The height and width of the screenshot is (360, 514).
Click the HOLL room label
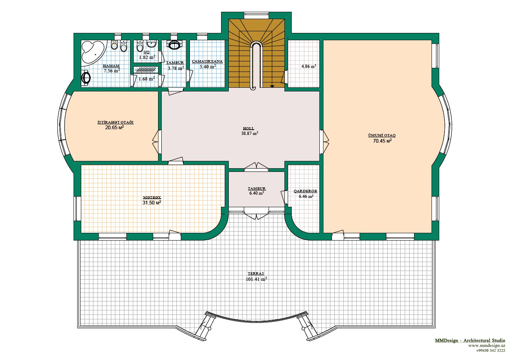(x=249, y=128)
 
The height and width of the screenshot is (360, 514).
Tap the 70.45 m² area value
(x=382, y=141)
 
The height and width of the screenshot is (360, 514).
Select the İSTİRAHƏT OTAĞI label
(x=115, y=122)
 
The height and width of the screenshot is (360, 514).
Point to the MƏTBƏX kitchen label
(x=152, y=197)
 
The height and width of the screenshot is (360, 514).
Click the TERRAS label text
(x=256, y=273)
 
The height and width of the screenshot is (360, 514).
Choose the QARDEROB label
(x=306, y=191)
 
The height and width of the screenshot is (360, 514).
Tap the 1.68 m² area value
(x=147, y=79)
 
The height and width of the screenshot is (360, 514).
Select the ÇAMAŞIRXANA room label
(x=208, y=61)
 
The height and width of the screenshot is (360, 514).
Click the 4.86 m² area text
(x=309, y=66)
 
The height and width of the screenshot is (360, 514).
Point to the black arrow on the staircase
(x=272, y=86)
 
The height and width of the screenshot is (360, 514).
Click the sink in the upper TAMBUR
(x=174, y=45)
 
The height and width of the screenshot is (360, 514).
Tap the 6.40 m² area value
(x=256, y=193)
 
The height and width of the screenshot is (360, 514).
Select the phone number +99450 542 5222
(x=490, y=351)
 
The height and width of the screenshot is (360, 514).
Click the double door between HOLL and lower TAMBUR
(x=256, y=167)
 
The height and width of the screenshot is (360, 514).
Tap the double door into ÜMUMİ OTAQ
(x=324, y=142)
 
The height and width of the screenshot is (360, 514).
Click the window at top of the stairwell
(x=256, y=16)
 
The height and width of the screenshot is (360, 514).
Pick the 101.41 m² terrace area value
(x=256, y=279)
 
